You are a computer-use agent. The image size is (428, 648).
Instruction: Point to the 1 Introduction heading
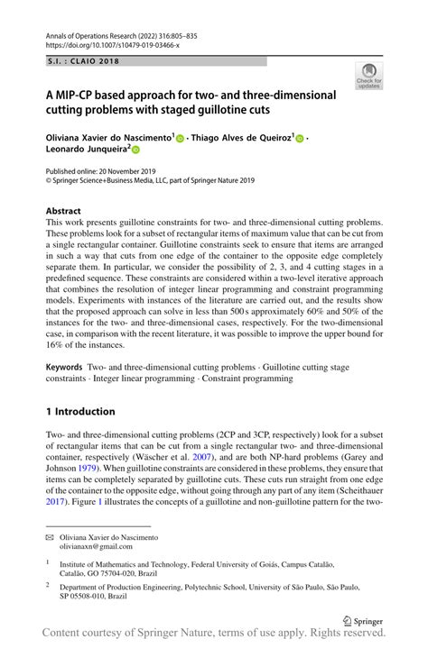coord(80,411)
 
